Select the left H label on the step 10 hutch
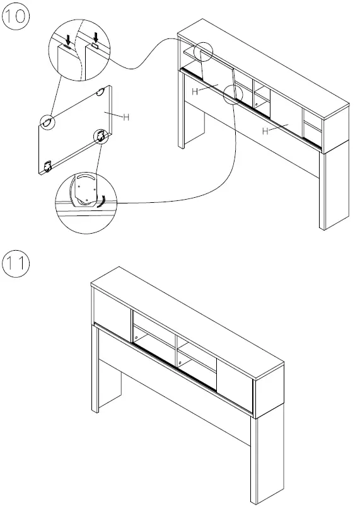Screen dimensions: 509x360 (195, 92)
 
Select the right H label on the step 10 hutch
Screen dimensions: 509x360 (265, 130)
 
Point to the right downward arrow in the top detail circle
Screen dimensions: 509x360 (94, 38)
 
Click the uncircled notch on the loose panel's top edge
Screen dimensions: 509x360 (100, 92)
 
